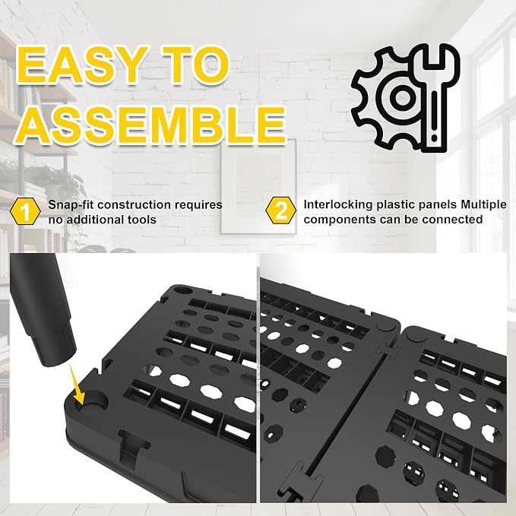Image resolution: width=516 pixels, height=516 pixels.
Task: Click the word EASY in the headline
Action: point(81,65)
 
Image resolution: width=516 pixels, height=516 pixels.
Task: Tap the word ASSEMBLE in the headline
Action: point(151,125)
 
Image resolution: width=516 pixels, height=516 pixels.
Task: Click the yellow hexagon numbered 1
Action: point(25,211)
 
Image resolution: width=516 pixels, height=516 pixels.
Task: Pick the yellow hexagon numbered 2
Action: point(280,211)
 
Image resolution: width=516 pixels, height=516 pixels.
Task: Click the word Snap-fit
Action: point(71,204)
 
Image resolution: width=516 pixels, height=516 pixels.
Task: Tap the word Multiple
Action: point(483,204)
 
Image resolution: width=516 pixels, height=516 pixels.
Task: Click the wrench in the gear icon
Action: point(433,99)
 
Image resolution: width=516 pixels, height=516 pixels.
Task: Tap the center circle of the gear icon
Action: point(402,97)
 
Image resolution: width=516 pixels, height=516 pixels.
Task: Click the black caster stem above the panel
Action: point(42,309)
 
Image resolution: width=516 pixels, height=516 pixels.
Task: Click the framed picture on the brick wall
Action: point(258,187)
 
